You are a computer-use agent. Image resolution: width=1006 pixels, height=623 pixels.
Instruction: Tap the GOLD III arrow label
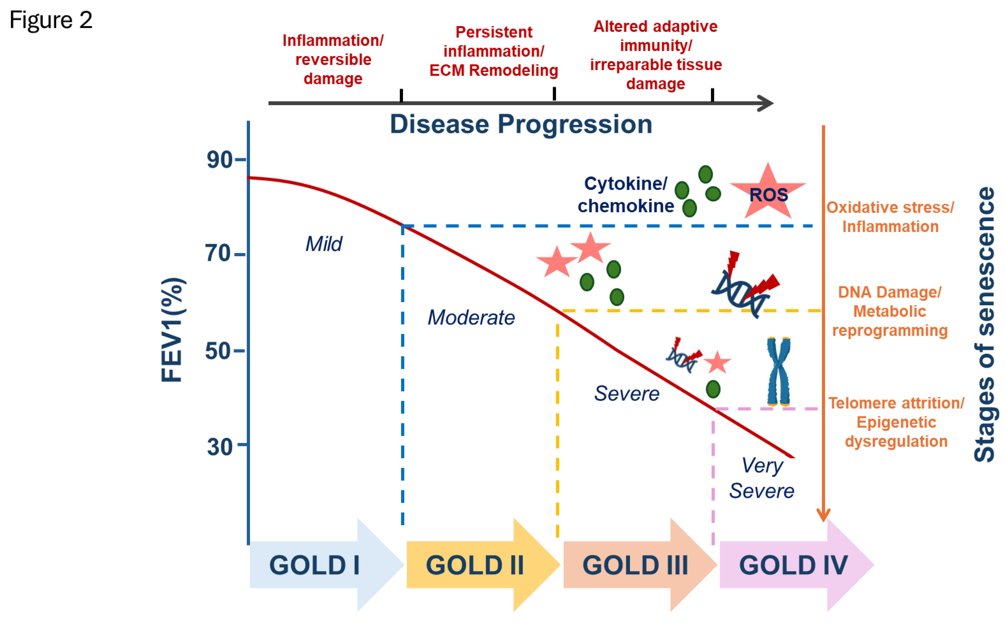[x=635, y=565]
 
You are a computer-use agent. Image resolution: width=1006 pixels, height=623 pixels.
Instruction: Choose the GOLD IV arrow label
[x=793, y=565]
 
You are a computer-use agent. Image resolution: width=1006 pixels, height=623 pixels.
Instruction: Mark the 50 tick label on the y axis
[x=219, y=351]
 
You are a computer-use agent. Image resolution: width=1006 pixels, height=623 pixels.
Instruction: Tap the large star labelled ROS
[x=768, y=194]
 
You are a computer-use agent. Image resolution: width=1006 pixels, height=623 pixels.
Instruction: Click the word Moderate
[x=471, y=317]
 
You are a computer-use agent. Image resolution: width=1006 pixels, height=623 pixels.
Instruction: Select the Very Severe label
[x=762, y=478]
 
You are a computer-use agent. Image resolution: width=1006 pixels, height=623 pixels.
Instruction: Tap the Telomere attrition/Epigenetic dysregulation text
[x=896, y=422]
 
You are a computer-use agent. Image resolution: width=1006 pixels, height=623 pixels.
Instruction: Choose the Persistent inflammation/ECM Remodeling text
[x=494, y=51]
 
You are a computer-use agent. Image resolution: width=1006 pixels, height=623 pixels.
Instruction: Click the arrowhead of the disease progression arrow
[x=766, y=103]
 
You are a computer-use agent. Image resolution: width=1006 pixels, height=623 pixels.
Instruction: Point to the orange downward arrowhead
[x=823, y=515]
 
